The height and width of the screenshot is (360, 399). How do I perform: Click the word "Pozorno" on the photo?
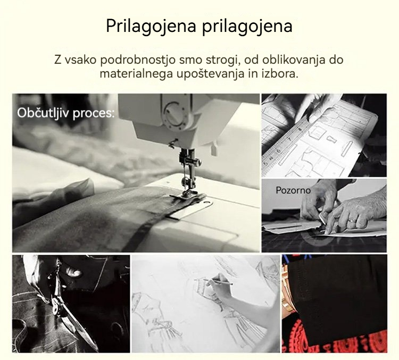click(x=293, y=190)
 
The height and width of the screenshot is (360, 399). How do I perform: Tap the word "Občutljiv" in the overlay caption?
click(x=43, y=113)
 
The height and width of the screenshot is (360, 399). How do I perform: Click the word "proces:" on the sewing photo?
click(x=94, y=113)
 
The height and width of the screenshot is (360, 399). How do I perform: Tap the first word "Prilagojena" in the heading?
click(x=151, y=27)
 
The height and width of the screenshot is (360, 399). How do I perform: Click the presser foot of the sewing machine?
click(x=187, y=195)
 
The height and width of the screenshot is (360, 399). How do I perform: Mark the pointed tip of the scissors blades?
click(x=97, y=350)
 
